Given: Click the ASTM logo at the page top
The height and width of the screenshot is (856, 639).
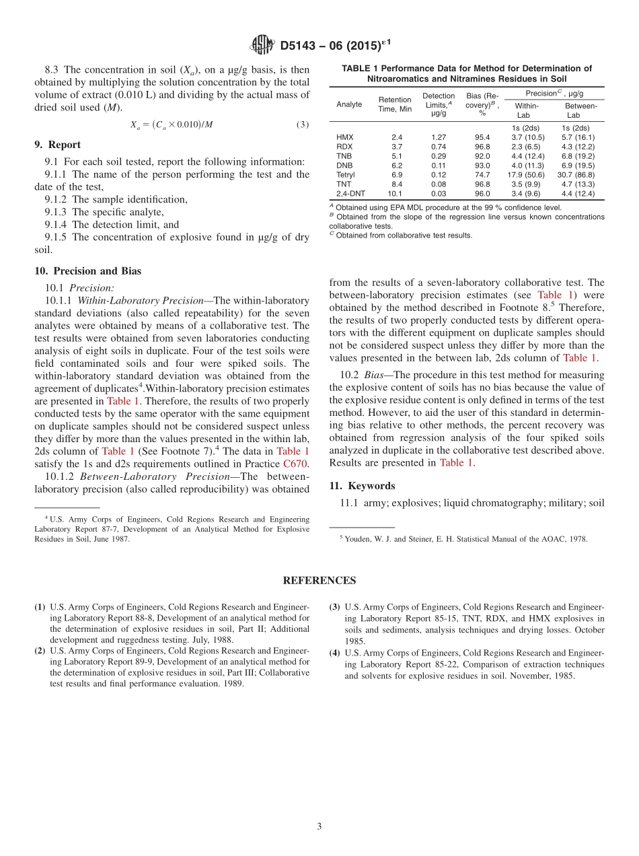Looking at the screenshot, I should (x=262, y=45).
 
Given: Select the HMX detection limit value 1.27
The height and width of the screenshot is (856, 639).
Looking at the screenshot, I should (x=438, y=137).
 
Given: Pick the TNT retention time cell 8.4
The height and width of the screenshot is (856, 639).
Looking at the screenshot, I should (x=397, y=184).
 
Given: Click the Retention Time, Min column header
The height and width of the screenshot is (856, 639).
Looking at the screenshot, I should (x=395, y=104).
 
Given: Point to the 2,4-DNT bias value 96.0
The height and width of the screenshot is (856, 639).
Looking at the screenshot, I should (x=482, y=193).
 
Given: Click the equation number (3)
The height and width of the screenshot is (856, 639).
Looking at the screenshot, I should (x=303, y=124).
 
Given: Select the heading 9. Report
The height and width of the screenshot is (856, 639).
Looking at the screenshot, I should (x=57, y=145).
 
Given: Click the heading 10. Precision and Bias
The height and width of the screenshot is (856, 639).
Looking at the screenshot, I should (x=87, y=271).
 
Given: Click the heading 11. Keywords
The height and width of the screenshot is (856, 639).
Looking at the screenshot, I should (x=362, y=486).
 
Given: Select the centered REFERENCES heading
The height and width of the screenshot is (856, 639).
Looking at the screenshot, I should (x=319, y=581).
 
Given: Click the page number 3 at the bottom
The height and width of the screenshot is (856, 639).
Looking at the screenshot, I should (x=319, y=827).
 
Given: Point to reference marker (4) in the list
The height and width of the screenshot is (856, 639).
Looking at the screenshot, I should (x=334, y=653).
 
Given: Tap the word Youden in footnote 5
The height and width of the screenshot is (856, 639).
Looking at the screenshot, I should (x=358, y=539).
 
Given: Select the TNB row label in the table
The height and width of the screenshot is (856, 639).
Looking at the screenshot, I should (x=343, y=156).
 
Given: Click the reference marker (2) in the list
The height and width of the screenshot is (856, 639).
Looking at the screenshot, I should (x=40, y=651).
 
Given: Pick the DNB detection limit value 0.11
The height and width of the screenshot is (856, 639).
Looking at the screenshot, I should (x=438, y=165).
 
